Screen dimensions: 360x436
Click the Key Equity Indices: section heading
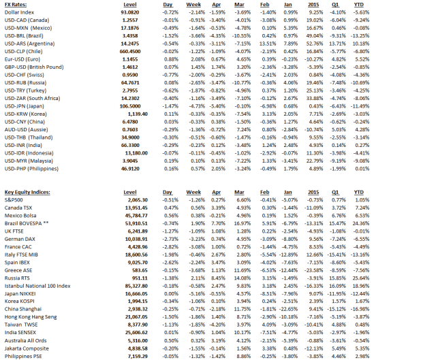[27, 193]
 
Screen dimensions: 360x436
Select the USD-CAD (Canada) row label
[25, 20]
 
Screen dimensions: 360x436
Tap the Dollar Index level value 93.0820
[129, 12]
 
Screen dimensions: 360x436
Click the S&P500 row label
[13, 201]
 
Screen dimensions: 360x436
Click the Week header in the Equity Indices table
[197, 193]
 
